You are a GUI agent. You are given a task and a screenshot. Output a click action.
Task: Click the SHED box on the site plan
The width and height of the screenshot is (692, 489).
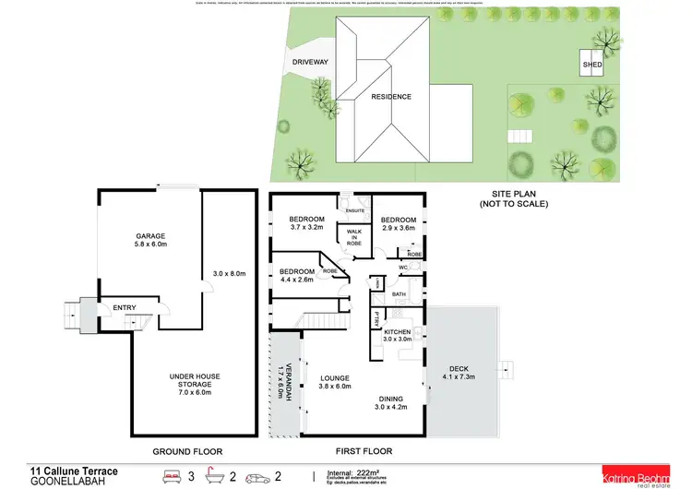591,65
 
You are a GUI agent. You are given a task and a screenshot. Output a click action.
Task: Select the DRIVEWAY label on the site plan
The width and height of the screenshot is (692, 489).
309,62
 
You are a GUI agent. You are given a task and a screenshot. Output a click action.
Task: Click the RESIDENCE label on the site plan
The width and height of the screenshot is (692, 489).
391,96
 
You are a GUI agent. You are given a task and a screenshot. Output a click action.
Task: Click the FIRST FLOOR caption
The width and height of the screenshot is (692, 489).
361,451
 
